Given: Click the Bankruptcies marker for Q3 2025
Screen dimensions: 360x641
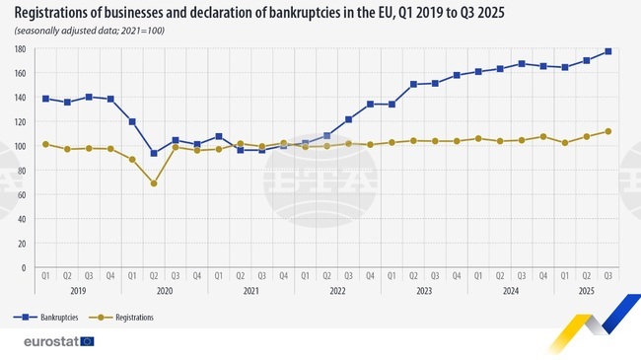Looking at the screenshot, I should coord(607,51).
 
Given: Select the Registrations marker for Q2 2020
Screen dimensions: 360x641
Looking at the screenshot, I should coord(154,183).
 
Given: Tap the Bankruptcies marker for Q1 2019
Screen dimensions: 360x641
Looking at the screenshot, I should coord(46,99).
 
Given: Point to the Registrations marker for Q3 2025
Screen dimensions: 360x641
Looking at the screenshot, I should coord(607,131).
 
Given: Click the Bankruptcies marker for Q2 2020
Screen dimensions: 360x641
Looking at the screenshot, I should coord(154,153).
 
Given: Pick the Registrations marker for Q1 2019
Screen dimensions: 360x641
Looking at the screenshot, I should coord(46,144).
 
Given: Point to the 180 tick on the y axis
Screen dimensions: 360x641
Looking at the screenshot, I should coord(20,48).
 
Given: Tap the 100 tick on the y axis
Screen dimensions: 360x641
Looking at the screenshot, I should coord(20,146).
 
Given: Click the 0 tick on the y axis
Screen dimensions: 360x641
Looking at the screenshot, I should coord(23,267).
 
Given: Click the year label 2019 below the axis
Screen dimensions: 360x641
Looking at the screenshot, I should coord(79,291).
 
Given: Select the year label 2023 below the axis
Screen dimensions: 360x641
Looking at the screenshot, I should coord(424,291).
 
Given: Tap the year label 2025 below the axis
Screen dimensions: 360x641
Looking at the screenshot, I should coord(586,291).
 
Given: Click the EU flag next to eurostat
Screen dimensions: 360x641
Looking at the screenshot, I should coord(88,341).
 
